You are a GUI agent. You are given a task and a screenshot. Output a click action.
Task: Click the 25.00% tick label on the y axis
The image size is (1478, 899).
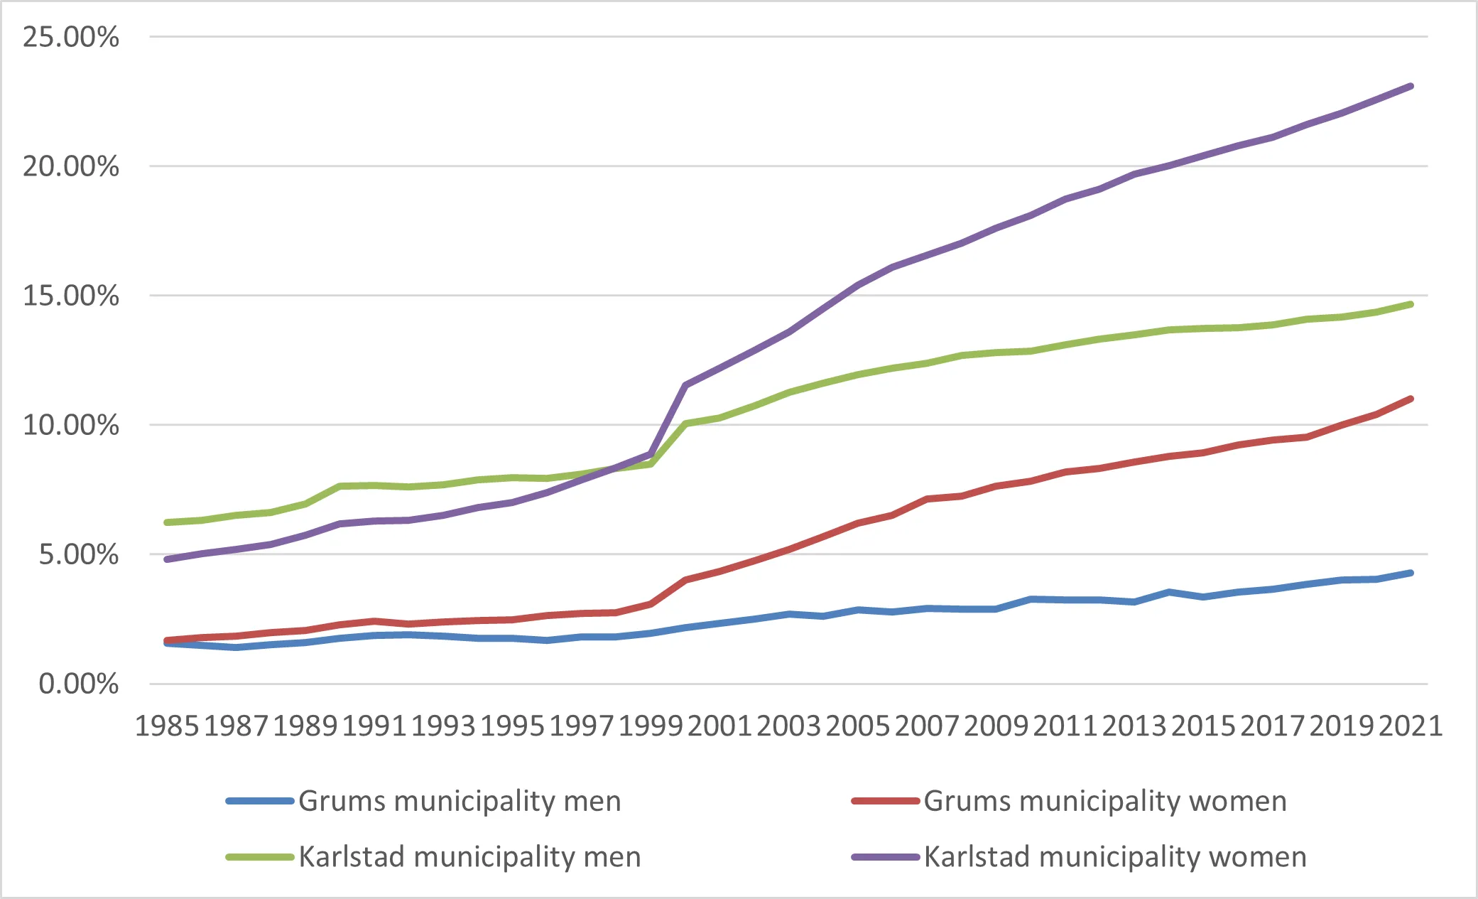70,37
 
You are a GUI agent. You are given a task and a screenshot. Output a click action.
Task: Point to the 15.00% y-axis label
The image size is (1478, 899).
70,296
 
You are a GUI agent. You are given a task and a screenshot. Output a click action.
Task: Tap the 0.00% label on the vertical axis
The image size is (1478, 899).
78,684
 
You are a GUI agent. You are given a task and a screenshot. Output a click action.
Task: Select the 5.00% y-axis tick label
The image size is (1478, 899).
78,554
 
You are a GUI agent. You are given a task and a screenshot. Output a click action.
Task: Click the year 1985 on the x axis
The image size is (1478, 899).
167,726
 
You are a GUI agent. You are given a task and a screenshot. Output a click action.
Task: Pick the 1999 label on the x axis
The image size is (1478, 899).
651,726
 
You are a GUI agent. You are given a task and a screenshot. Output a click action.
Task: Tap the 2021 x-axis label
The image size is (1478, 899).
1411,726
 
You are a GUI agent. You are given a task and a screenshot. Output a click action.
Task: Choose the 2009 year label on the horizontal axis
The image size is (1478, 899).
996,726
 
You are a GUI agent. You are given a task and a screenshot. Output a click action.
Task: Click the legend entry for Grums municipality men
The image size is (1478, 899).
460,801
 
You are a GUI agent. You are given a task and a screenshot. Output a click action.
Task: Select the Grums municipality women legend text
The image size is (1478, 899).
1104,801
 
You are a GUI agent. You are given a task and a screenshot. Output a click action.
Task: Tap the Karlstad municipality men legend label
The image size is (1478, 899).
469,856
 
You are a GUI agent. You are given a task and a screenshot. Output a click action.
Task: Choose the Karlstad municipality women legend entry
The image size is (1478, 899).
1114,856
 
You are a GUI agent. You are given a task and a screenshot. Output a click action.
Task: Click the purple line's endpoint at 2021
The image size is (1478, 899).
1411,86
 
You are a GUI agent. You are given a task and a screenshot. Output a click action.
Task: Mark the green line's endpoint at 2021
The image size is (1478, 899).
1411,304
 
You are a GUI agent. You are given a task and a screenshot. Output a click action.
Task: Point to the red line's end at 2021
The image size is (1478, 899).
1411,399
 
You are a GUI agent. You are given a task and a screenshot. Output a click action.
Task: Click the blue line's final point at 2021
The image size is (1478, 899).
1411,573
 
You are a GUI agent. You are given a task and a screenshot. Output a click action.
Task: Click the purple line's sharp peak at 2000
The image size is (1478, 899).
685,385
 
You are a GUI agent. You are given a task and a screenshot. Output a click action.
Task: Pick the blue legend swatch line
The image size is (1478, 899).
260,801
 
